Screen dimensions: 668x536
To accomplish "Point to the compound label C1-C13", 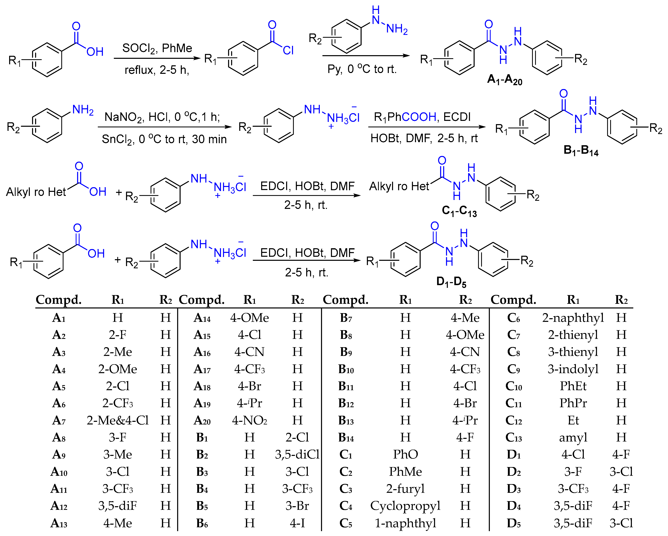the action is point(459,211).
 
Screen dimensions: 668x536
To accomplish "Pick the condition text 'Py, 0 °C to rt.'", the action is point(362,69).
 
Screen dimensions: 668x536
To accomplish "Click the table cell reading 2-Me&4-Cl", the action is point(117,420).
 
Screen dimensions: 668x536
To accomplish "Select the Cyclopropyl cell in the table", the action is point(405,506).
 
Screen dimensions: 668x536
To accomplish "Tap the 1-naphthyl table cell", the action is point(405,523).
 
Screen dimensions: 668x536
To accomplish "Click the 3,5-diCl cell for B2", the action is point(297,454).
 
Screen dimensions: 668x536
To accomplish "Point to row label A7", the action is point(59,420).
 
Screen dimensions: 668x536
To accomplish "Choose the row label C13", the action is point(513,437).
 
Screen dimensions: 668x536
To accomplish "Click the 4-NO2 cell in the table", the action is point(249,420).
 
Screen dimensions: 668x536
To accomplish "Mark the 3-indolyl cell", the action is point(573,369).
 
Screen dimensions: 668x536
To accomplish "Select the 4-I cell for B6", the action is point(297,523).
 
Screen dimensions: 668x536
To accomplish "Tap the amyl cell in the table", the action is point(573,437).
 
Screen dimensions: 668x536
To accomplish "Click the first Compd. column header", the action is point(59,300).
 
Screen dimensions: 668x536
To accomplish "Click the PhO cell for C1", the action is point(405,454).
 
